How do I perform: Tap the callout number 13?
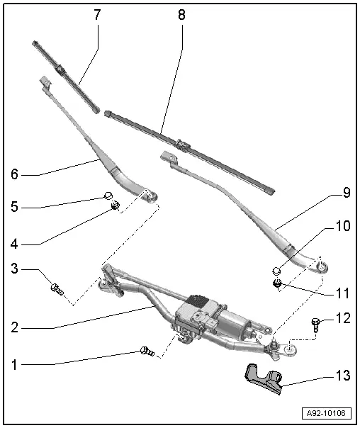(343, 376)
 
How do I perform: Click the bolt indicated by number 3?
(57, 288)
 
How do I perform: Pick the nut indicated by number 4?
(114, 207)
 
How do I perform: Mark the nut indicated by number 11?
(279, 285)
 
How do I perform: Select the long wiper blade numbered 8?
(188, 149)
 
